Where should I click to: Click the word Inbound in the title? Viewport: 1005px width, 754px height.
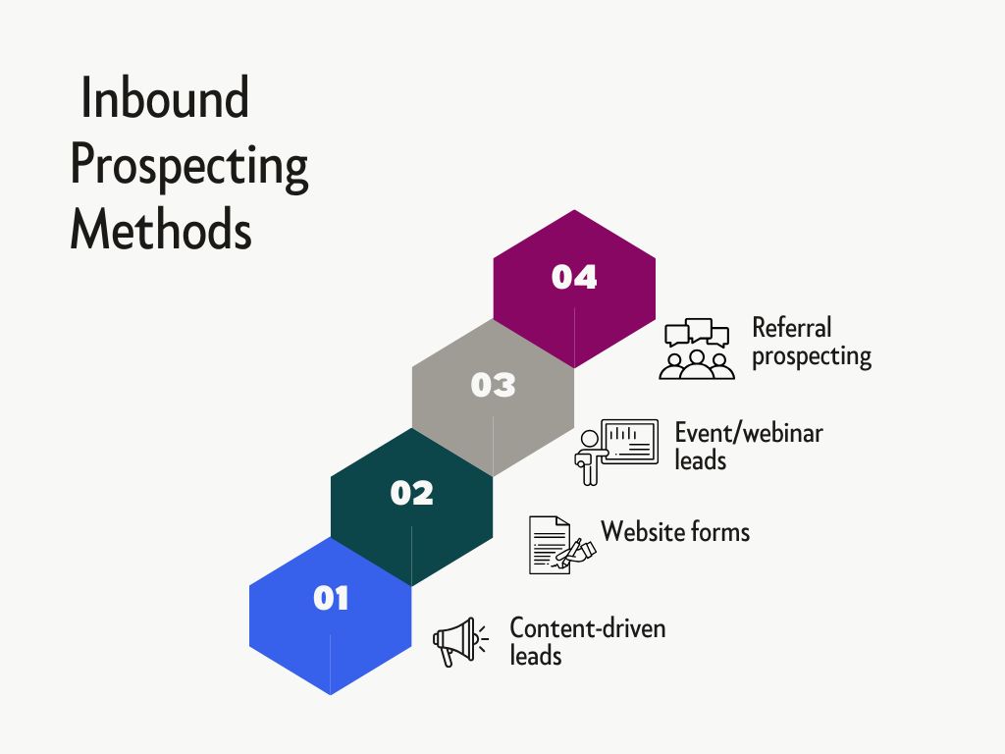pos(165,99)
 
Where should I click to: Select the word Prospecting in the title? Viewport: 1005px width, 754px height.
pos(189,165)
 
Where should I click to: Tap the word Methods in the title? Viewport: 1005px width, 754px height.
pos(161,230)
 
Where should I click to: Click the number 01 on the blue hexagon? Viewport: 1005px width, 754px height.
pos(331,597)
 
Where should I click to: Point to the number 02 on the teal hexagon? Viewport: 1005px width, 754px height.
pos(411,492)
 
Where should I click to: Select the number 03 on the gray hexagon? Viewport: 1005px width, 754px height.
pos(493,385)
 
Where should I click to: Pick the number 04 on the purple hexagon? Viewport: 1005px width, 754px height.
pos(574,277)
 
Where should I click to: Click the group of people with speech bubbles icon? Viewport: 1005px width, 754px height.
pos(697,349)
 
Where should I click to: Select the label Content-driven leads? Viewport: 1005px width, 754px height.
pos(587,641)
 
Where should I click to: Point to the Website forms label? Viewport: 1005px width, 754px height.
pos(675,532)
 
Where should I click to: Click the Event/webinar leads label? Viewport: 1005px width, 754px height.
pos(748,446)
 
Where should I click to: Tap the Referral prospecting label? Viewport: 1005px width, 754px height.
pos(812,341)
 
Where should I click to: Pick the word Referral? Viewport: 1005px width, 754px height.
pos(791,327)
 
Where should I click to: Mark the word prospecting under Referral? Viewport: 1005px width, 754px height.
pos(812,355)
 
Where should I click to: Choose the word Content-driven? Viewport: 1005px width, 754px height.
pos(587,627)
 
